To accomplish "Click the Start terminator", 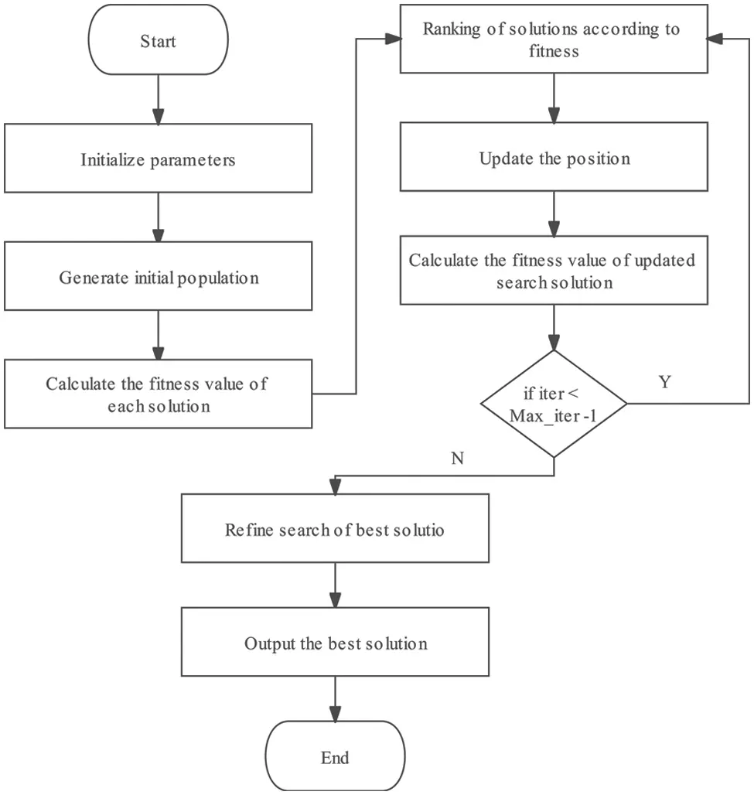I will tap(158, 40).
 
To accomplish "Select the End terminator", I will tap(335, 757).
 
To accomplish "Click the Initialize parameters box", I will tap(158, 160).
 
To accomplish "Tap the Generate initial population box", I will tap(158, 278).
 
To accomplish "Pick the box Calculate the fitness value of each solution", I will tap(158, 394).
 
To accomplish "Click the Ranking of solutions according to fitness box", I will tap(553, 40).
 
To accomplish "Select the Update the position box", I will tap(553, 159).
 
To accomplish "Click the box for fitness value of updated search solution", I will tap(553, 271).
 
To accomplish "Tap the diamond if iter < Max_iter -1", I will tap(553, 404).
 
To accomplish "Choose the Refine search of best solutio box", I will tap(335, 531).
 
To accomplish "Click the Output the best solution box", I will tap(335, 643).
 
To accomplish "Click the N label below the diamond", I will tap(456, 459).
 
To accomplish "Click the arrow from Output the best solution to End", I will tap(335, 701).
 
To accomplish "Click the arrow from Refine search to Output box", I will tap(335, 585).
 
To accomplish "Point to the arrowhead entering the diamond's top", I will tap(553, 343).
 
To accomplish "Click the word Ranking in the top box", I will tap(450, 29).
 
